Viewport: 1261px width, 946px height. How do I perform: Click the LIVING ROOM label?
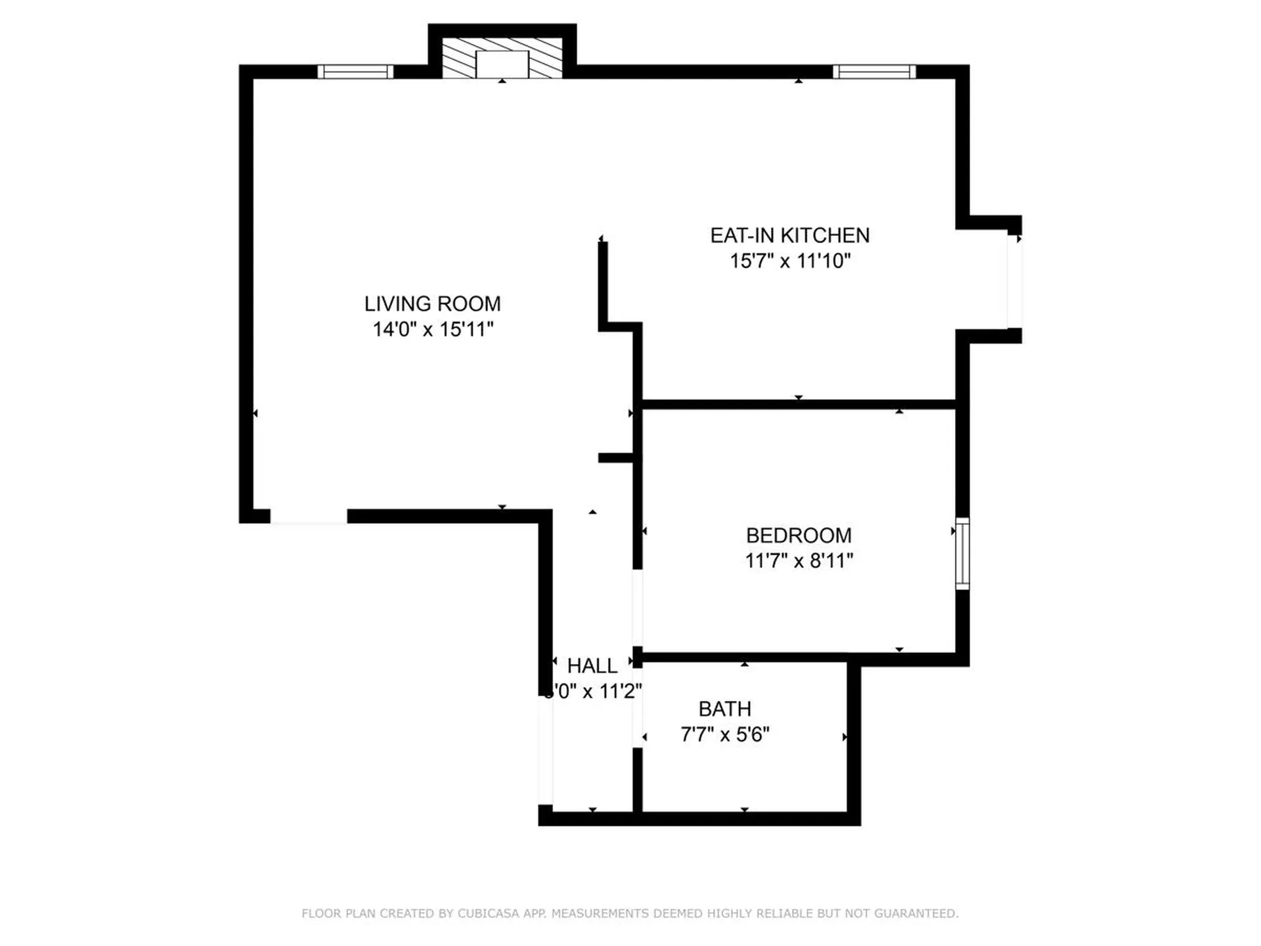click(x=432, y=304)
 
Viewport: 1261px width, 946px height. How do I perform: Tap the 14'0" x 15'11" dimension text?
click(x=432, y=329)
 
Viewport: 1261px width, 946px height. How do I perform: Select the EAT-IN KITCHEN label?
click(x=789, y=235)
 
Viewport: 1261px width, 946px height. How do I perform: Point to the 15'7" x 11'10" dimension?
click(x=789, y=261)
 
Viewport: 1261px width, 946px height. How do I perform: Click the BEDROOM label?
click(x=799, y=535)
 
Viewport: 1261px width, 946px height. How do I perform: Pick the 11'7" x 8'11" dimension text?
click(x=799, y=561)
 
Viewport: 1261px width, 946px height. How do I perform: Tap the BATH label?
click(x=724, y=709)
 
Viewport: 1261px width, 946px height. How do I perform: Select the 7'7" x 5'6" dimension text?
click(x=724, y=734)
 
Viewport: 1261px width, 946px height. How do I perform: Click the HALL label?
click(x=592, y=666)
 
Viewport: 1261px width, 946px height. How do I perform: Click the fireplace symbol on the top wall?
click(x=502, y=58)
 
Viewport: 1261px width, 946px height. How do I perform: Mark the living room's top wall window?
click(x=355, y=72)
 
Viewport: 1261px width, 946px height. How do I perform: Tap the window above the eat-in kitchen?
click(x=874, y=72)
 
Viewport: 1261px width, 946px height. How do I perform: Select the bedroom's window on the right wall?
click(x=962, y=553)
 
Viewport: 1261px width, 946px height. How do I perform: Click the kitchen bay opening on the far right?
click(x=1014, y=281)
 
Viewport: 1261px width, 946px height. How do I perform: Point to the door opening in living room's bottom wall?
click(x=309, y=517)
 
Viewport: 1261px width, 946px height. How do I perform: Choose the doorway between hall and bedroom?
click(x=637, y=608)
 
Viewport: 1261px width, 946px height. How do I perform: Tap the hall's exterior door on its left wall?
click(x=545, y=750)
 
